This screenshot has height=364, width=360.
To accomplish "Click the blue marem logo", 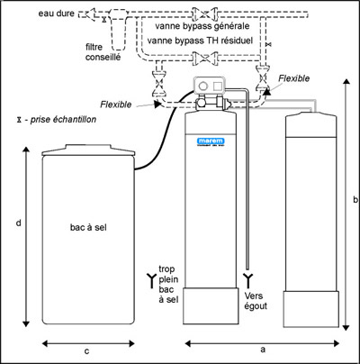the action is (211, 141).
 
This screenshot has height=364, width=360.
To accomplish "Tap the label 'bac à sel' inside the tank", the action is (88, 227).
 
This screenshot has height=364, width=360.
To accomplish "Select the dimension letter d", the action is (19, 223).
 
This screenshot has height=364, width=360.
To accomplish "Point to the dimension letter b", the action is (355, 199).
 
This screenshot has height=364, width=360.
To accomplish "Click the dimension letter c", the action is (86, 351).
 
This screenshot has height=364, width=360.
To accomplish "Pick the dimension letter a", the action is (263, 350).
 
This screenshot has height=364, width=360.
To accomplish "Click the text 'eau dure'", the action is (56, 14).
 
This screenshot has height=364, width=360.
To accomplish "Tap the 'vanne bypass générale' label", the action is (202, 26).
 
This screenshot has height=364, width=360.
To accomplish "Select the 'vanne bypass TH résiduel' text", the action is (200, 41).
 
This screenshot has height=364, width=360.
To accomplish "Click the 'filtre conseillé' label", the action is (103, 52).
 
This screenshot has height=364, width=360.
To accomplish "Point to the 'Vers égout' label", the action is (256, 301).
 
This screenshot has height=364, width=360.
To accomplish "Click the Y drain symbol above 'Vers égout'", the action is (247, 280).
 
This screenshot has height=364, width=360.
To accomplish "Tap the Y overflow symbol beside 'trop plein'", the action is (152, 281).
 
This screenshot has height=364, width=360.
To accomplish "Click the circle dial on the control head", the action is (203, 86).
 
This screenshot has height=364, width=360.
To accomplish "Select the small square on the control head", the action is (217, 86).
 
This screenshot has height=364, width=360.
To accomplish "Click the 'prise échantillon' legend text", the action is (57, 120).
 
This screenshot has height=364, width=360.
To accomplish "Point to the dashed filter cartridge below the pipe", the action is (118, 30).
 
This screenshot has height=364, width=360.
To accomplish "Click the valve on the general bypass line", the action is (205, 14).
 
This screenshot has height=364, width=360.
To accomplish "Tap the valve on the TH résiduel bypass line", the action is (205, 58).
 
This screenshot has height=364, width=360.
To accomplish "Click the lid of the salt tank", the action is (88, 150).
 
